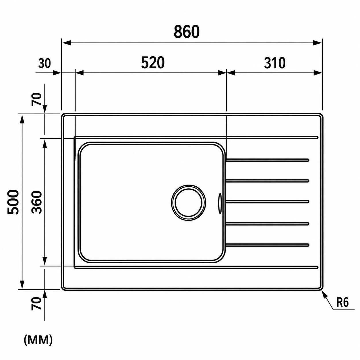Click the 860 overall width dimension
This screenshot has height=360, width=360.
[x=186, y=32]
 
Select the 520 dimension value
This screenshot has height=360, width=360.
[x=153, y=63]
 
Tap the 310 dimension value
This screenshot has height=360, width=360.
[x=275, y=63]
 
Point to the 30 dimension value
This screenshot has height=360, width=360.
[x=44, y=63]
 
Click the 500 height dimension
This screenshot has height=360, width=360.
[x=13, y=202]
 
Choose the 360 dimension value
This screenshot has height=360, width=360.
[x=36, y=202]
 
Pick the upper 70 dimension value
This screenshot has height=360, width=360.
[x=36, y=99]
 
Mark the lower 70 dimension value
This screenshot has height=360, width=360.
[x=36, y=303]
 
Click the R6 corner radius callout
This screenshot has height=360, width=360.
[x=342, y=303]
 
